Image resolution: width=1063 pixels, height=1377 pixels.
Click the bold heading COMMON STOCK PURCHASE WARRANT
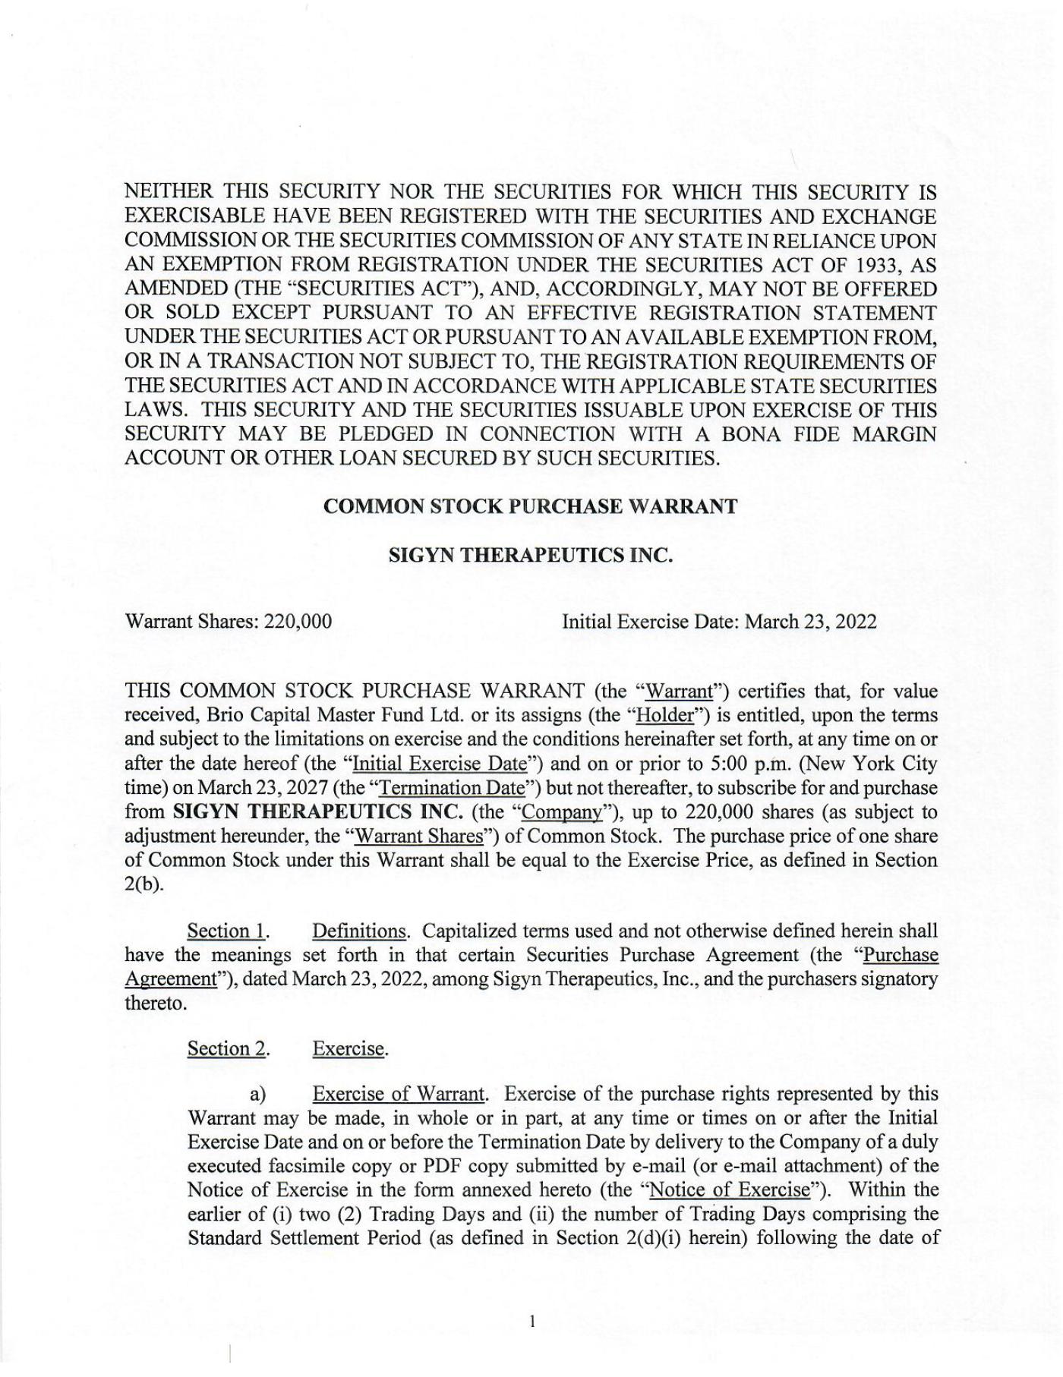pyautogui.click(x=530, y=507)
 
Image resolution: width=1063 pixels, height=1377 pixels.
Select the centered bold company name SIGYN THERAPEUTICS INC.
pyautogui.click(x=531, y=556)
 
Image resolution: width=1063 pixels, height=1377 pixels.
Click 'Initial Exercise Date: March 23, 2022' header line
pyautogui.click(x=719, y=622)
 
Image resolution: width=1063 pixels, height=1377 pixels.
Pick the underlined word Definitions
pyautogui.click(x=359, y=931)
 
